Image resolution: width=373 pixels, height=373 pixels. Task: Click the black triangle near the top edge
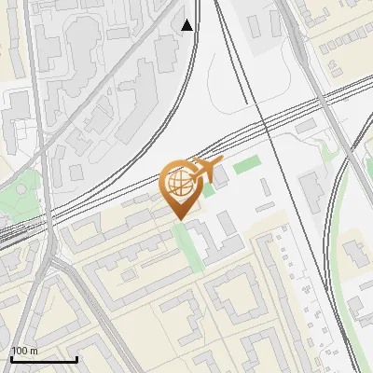(187, 25)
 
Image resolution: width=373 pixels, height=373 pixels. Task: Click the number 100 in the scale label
(20, 351)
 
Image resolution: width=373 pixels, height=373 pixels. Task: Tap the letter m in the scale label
(34, 351)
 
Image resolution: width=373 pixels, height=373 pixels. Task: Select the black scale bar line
(44, 359)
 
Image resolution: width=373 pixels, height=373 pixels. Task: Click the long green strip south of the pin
(188, 245)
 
